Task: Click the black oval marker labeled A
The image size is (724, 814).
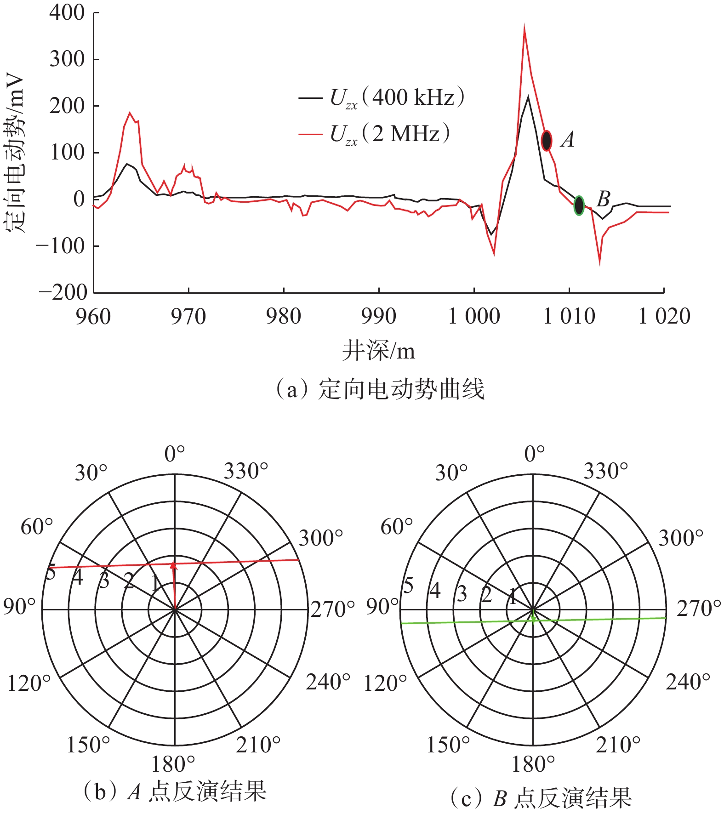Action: point(546,141)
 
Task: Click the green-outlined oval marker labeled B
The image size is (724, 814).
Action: point(579,205)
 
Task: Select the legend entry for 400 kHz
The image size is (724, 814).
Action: point(382,98)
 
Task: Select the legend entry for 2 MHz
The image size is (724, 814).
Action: point(374,134)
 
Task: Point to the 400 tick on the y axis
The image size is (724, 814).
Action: point(67,13)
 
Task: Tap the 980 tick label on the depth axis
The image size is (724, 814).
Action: point(284,317)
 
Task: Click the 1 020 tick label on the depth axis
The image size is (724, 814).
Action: point(664,317)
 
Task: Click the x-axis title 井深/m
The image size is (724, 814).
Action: point(378,352)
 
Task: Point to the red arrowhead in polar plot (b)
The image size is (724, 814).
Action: point(173,565)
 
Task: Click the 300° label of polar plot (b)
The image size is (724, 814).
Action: point(321,538)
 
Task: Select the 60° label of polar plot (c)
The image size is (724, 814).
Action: point(396,527)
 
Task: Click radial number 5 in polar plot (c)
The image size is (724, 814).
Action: point(408,586)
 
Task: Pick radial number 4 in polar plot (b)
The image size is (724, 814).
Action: point(78,577)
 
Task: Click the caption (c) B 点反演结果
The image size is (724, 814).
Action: point(541,799)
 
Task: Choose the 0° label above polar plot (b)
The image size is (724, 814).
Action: point(175,454)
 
